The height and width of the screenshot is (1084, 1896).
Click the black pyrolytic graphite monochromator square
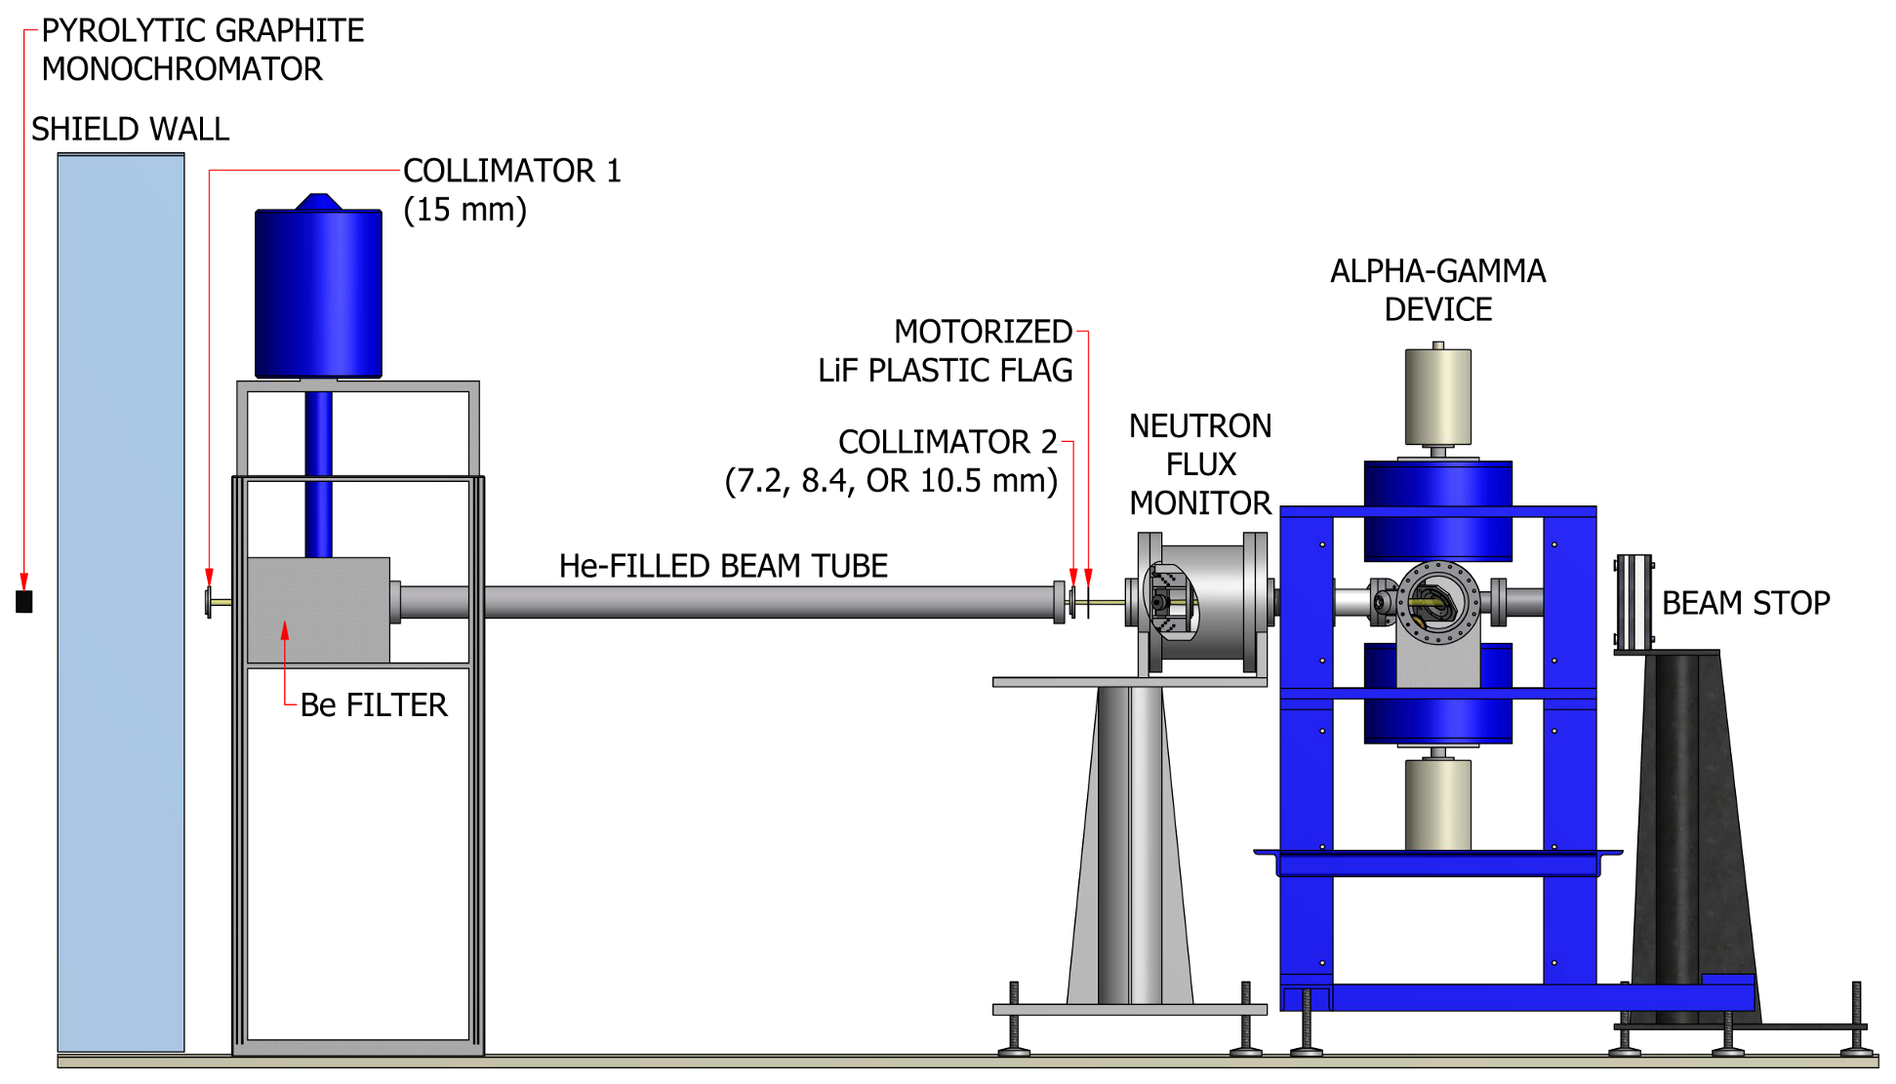24,602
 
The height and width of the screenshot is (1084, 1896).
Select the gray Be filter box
318,610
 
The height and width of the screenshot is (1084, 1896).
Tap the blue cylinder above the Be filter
318,293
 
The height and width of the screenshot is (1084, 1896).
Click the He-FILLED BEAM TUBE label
723,566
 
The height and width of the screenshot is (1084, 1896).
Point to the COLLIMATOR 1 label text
511,171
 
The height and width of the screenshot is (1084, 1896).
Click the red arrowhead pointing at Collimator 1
209,578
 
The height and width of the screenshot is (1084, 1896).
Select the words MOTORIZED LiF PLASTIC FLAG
945,351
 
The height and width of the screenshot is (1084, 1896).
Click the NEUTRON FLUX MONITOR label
1200,464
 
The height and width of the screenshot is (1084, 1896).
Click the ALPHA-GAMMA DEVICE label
1437,291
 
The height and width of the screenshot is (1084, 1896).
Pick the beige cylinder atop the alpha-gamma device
1437,396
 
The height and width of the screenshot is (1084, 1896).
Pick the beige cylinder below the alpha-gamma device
1437,805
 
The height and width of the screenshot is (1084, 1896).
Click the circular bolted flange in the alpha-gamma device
1437,602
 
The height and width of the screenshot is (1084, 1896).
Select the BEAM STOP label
1745,603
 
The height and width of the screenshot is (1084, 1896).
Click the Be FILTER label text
373,705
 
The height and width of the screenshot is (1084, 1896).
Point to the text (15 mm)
464,210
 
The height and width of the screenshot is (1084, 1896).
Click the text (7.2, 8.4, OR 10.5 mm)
890,481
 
